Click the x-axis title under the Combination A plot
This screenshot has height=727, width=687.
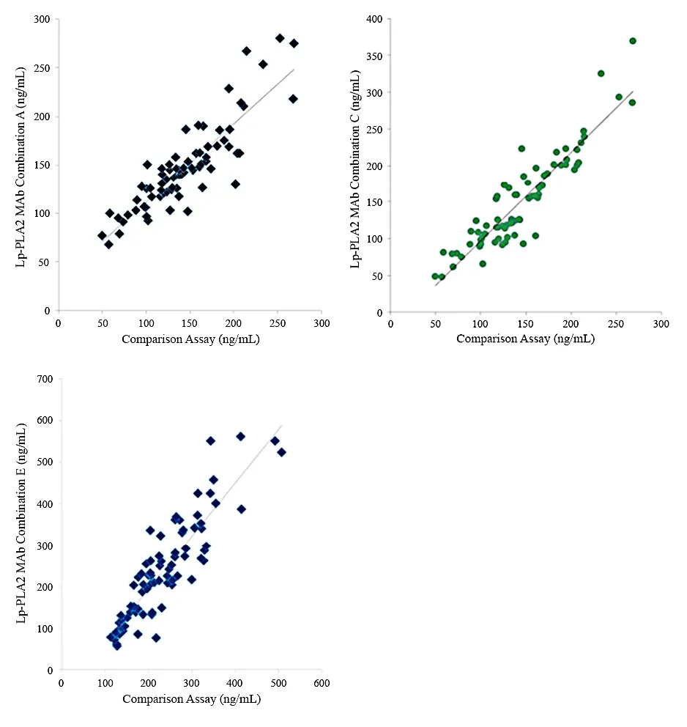pyautogui.click(x=191, y=339)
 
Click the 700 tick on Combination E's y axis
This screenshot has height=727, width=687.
pyautogui.click(x=45, y=379)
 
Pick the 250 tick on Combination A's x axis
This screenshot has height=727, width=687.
pyautogui.click(x=278, y=322)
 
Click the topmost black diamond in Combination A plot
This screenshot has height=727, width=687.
pyautogui.click(x=280, y=38)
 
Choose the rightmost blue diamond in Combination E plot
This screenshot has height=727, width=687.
pyautogui.click(x=281, y=452)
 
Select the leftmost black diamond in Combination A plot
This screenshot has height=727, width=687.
pyautogui.click(x=102, y=235)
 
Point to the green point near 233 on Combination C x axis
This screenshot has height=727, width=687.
pyautogui.click(x=601, y=73)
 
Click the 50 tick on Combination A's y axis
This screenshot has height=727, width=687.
pyautogui.click(x=45, y=262)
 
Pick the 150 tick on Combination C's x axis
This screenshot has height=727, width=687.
pyautogui.click(x=526, y=325)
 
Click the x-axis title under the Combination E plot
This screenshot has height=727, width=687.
pyautogui.click(x=191, y=699)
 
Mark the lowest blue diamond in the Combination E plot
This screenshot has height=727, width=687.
pyautogui.click(x=117, y=646)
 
